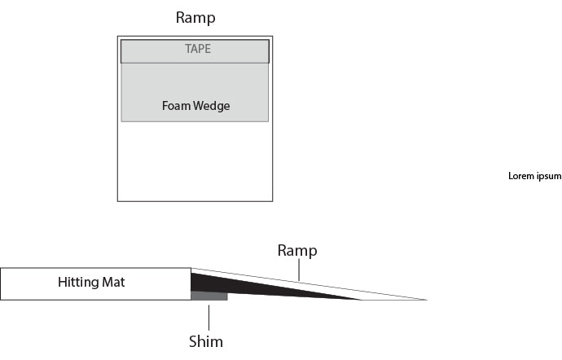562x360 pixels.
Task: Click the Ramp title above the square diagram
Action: click(195, 17)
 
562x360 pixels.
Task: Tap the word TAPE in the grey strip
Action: click(195, 49)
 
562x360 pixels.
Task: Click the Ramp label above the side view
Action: click(297, 250)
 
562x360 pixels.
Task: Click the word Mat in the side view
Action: click(112, 283)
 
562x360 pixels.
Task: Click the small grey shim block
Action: click(209, 296)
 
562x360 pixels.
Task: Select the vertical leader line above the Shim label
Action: click(209, 317)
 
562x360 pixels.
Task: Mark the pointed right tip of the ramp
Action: click(424, 300)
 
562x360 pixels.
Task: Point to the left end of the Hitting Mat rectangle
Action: click(3, 283)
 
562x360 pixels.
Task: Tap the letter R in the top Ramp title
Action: click(181, 17)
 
